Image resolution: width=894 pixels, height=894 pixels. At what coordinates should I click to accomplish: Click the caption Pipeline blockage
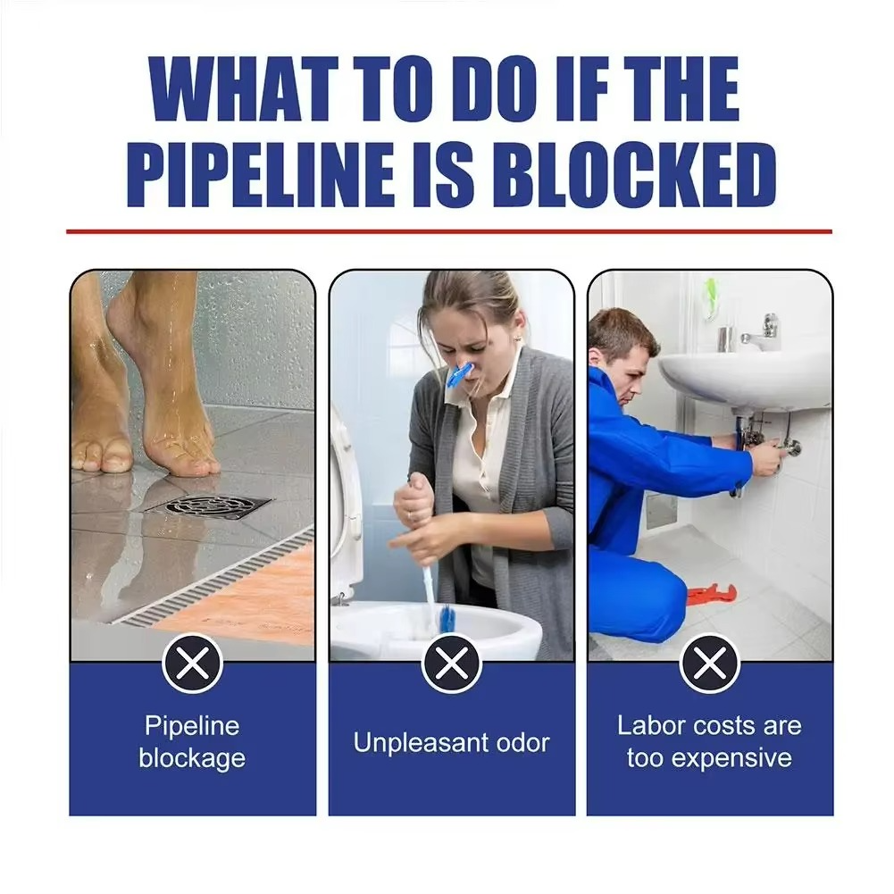coord(192,741)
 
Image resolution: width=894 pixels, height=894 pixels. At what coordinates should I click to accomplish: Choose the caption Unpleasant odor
coord(451,742)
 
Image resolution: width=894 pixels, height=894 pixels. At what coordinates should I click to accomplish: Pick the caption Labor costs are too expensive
coord(709,741)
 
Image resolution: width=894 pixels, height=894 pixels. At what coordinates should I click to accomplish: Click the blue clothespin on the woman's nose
coord(462,375)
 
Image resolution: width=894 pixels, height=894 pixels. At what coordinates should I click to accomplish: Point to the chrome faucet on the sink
coord(762,331)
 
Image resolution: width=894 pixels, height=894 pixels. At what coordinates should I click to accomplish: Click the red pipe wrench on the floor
coord(711,593)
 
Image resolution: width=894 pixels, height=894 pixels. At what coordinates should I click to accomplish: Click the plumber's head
coord(622,344)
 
